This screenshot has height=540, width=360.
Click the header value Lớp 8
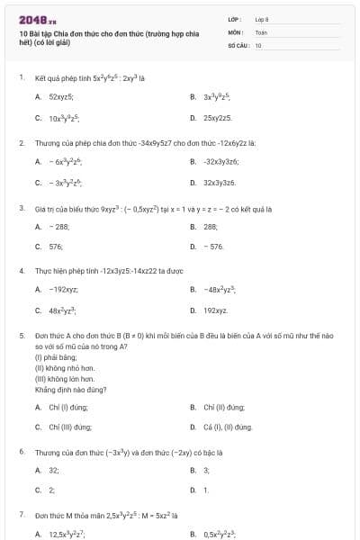tap(262, 18)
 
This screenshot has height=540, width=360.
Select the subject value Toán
tap(261, 31)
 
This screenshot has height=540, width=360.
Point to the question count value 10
tap(258, 44)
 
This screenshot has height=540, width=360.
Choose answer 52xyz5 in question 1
tap(61, 95)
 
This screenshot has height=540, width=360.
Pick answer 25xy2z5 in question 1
tap(218, 118)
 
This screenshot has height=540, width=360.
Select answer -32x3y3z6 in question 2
tap(220, 161)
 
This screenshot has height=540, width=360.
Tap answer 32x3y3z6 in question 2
tap(219, 183)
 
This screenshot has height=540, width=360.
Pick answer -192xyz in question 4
tap(63, 289)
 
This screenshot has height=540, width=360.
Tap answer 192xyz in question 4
tap(215, 310)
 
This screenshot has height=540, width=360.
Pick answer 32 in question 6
tap(54, 470)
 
